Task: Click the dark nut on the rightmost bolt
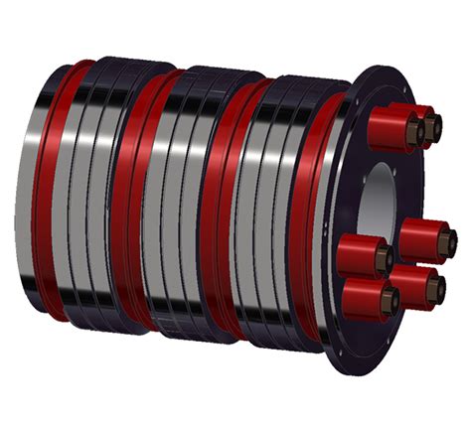click(446, 239)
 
